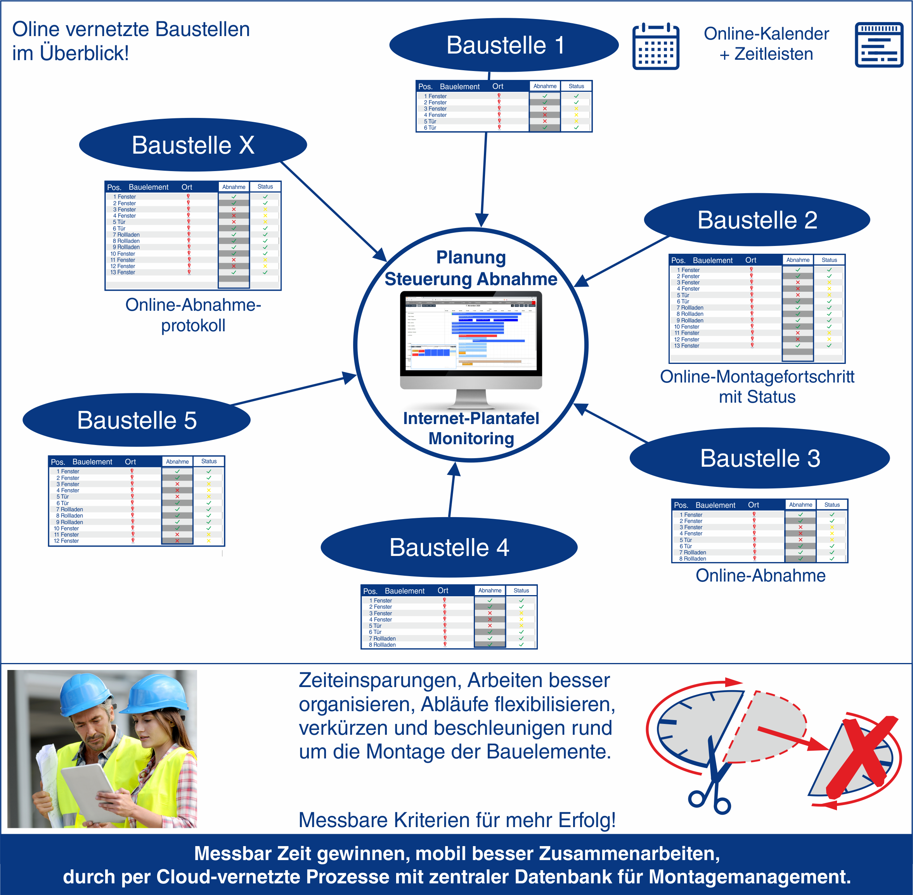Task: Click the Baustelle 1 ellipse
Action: (x=504, y=45)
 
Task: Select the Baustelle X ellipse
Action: (x=193, y=145)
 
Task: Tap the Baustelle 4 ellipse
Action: (x=449, y=548)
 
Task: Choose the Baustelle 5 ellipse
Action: (x=136, y=420)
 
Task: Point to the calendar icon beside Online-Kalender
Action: (x=655, y=47)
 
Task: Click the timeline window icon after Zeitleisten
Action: (x=879, y=45)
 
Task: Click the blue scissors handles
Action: (x=709, y=802)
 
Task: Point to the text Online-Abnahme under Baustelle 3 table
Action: (x=760, y=576)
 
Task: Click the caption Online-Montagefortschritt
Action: (x=757, y=377)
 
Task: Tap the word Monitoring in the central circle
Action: (x=471, y=438)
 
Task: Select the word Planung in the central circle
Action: (x=471, y=258)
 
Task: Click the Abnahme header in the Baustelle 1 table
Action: (x=545, y=87)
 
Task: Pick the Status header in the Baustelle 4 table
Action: (x=521, y=591)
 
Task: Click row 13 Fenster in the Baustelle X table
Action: (x=123, y=273)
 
